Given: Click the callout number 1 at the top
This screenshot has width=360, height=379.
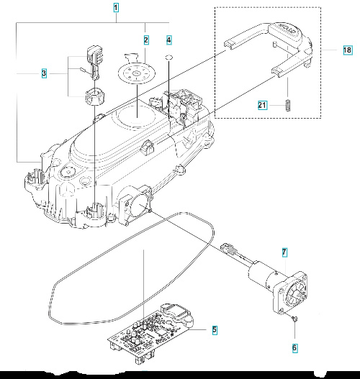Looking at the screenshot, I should [117, 9].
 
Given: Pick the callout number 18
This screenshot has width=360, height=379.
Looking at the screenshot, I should [348, 50].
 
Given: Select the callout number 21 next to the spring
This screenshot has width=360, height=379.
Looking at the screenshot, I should [264, 106].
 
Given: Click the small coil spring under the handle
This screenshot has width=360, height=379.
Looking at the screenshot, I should [287, 104].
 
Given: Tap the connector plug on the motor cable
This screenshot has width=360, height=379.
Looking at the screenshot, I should [230, 250].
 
